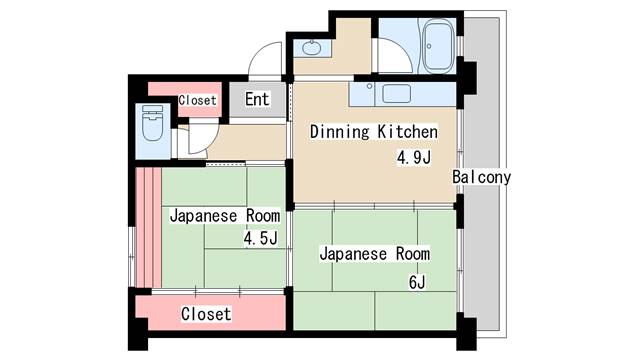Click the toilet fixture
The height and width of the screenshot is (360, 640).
[x=153, y=122]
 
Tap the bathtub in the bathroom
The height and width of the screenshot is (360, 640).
[x=438, y=47]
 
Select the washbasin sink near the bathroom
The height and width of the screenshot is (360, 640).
[x=311, y=48]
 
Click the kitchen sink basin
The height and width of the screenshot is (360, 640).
[x=396, y=93]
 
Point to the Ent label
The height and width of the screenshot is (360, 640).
[x=257, y=99]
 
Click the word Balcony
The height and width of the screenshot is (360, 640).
[x=482, y=177]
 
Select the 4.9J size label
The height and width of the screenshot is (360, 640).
[x=414, y=157]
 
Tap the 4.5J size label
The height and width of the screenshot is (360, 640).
[x=261, y=238]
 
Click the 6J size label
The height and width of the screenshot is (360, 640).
[x=417, y=282]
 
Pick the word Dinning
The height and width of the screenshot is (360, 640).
[x=340, y=132]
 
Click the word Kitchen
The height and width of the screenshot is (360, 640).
[x=407, y=132]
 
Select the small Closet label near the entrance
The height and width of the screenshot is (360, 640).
[x=197, y=100]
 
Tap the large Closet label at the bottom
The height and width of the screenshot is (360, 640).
[x=206, y=314]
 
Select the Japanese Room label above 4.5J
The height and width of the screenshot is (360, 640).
[x=225, y=216]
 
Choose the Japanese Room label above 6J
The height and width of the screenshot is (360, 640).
[x=375, y=254]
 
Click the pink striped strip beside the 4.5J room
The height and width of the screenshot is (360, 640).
[x=149, y=227]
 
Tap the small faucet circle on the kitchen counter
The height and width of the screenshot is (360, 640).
[x=369, y=86]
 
